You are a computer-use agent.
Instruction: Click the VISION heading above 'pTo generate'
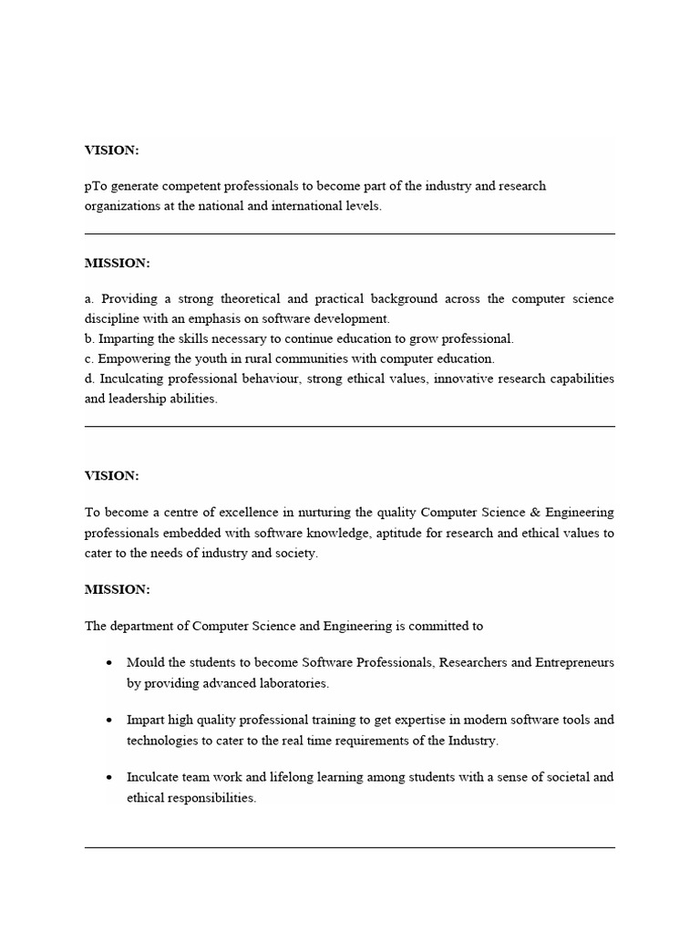tap(111, 150)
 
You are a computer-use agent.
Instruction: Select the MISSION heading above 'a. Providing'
tap(117, 264)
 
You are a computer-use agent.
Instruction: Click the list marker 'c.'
tap(89, 358)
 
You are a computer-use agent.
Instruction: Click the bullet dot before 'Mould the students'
tap(109, 663)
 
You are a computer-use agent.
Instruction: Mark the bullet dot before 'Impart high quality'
tap(109, 721)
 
